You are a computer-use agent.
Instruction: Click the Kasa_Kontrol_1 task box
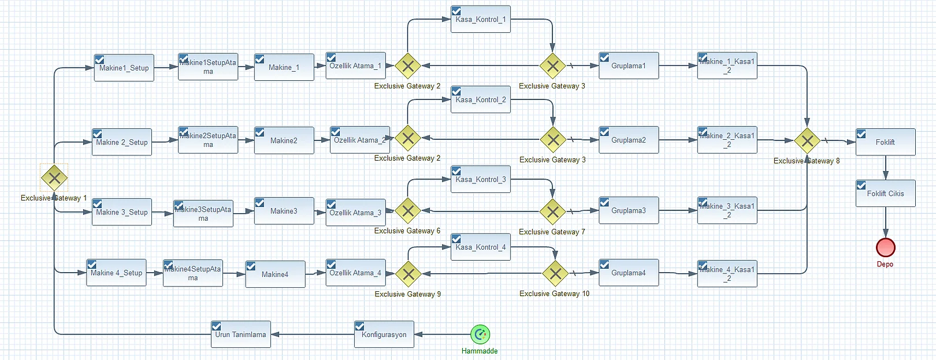pos(480,19)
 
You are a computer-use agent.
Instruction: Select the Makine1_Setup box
pos(124,68)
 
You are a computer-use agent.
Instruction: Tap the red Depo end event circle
pos(885,247)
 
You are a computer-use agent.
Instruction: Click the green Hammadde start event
pos(480,334)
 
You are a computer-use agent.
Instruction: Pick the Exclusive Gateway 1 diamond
pos(54,177)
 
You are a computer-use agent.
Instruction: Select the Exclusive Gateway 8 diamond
pos(807,140)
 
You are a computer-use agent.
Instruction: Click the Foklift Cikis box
pos(885,194)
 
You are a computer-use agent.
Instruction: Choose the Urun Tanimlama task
pos(240,335)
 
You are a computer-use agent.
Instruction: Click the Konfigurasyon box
pos(384,335)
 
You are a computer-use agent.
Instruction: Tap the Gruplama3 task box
pos(629,211)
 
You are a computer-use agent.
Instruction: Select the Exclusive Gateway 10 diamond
pos(555,273)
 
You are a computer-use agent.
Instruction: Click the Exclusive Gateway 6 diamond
pos(407,211)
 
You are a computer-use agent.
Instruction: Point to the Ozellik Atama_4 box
pos(355,273)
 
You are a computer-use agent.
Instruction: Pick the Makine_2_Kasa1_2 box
pos(727,140)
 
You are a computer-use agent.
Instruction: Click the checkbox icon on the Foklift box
pos(861,133)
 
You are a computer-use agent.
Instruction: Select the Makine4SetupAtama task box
pos(192,273)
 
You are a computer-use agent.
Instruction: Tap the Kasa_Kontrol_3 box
pos(480,180)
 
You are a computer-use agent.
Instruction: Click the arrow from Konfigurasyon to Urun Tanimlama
pos(312,335)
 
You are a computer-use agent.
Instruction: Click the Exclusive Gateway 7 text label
pos(552,232)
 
